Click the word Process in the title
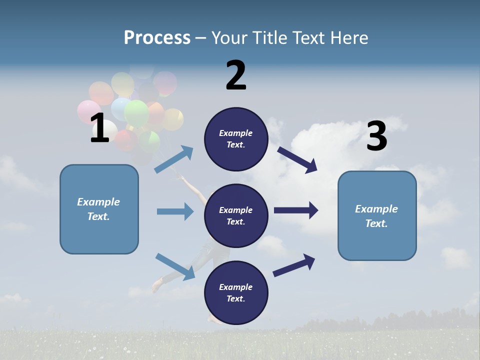[x=157, y=38]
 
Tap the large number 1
[x=99, y=128]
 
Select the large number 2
[x=236, y=75]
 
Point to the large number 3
[x=376, y=136]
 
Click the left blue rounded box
[x=99, y=209]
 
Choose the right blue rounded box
[x=377, y=215]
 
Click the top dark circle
[x=236, y=139]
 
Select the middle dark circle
[x=236, y=215]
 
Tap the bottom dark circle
[x=236, y=292]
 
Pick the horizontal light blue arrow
[x=175, y=211]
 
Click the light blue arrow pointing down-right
[x=175, y=266]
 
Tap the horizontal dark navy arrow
[x=296, y=210]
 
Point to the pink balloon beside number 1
[x=88, y=111]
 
